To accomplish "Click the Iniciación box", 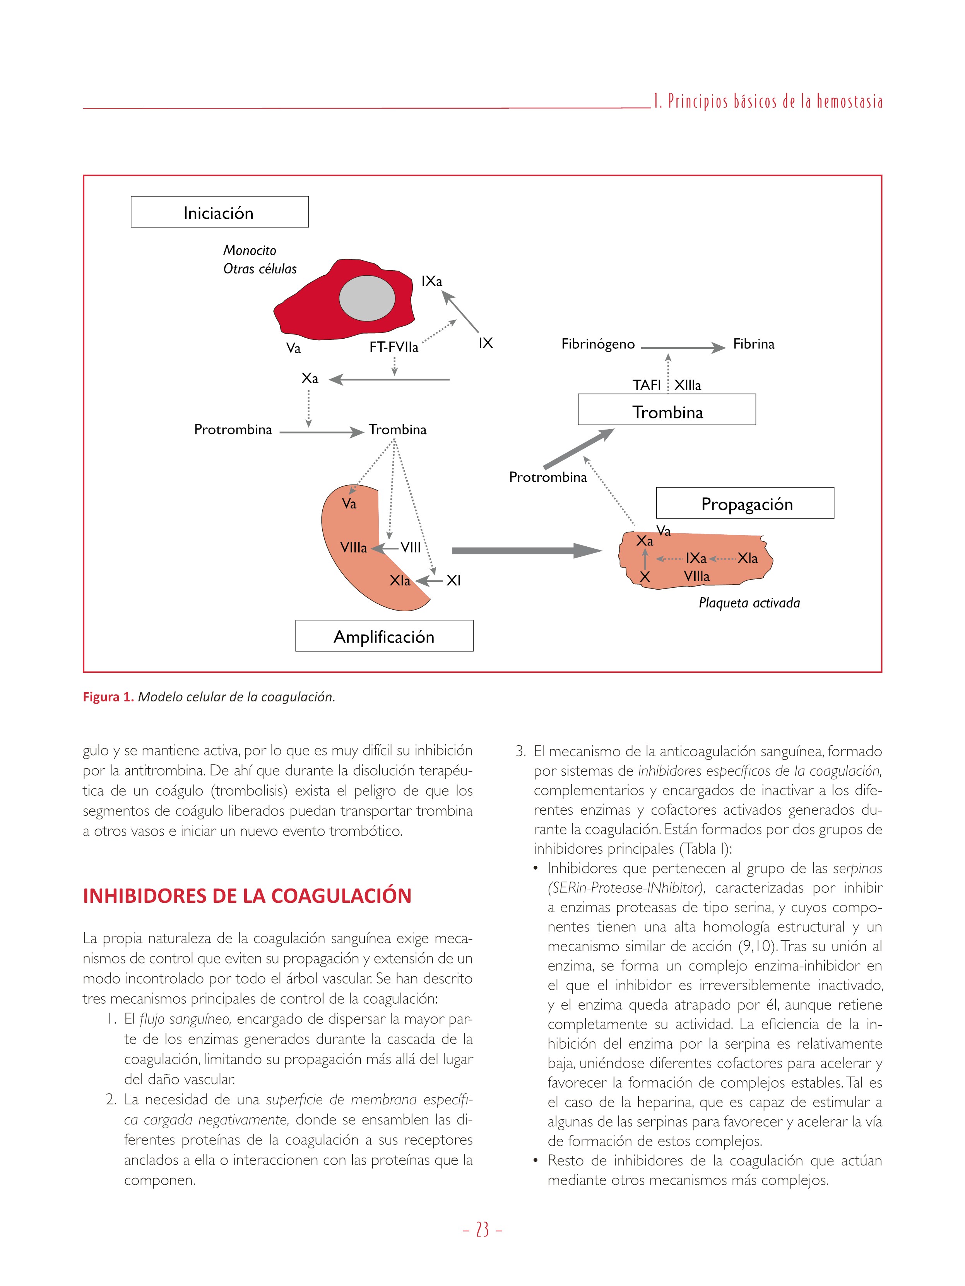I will [219, 212].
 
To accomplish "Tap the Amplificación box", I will [384, 636].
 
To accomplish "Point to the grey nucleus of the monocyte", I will [367, 298].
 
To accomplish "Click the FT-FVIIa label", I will [394, 347].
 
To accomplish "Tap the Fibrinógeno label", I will [597, 344].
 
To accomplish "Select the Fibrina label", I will [753, 344].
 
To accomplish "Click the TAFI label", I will [646, 385].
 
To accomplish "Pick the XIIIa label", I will [688, 385].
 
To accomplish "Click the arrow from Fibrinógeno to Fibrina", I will [683, 348].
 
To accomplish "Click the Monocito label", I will [250, 251].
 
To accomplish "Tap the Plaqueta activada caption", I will [749, 603].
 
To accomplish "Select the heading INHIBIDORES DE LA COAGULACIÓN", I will [247, 896].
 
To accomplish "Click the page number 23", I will [482, 1230].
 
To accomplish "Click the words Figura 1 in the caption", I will [108, 696].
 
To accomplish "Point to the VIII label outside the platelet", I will [411, 547].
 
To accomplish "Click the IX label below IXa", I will [485, 343].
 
